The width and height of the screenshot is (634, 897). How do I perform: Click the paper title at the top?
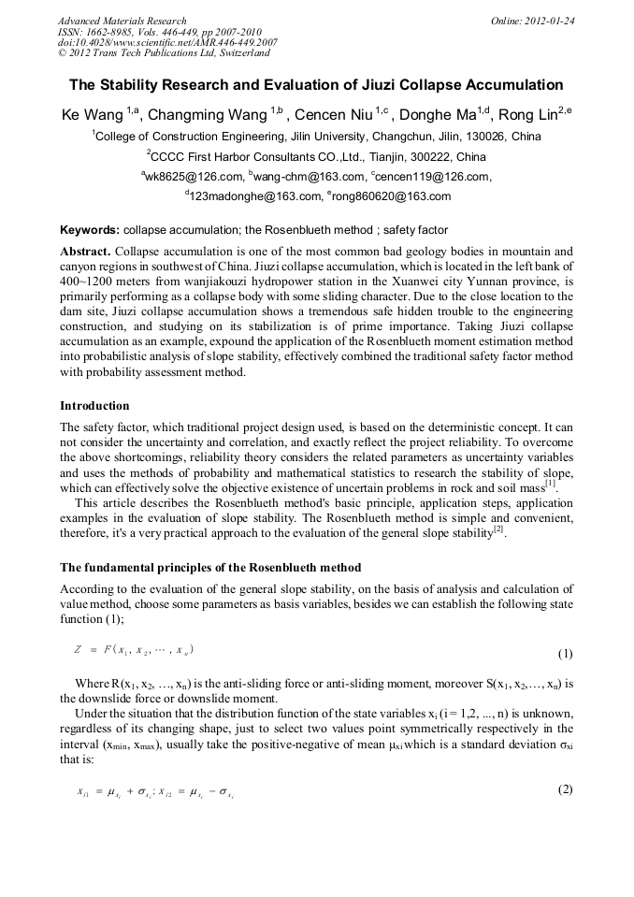tap(316, 84)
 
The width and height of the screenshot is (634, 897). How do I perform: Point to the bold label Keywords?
tap(90, 229)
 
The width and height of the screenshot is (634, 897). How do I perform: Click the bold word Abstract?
tap(84, 252)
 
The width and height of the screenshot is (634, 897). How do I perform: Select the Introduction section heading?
tap(94, 406)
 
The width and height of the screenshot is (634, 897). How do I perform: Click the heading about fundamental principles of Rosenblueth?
tap(210, 568)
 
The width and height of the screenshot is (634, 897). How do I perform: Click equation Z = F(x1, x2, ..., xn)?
tap(134, 649)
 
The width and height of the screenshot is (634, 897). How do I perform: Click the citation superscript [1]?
tap(552, 483)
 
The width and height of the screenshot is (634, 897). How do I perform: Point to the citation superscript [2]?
tap(499, 530)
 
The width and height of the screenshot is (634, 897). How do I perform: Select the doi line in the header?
tap(167, 42)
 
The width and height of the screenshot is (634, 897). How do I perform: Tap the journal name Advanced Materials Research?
tap(122, 21)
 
